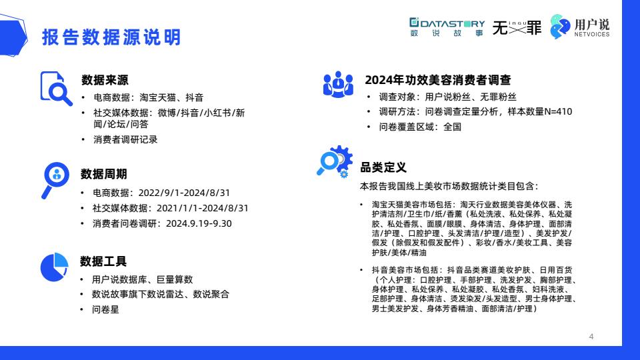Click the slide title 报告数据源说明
pyautogui.click(x=111, y=37)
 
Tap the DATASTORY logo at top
pyautogui.click(x=447, y=27)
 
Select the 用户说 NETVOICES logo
pyautogui.click(x=579, y=27)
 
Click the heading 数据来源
pyautogui.click(x=105, y=80)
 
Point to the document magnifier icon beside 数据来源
pyautogui.click(x=56, y=89)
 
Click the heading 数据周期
pyautogui.click(x=104, y=174)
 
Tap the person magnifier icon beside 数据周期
pyautogui.click(x=55, y=180)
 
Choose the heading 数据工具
pyautogui.click(x=103, y=261)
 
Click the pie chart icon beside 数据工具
pyautogui.click(x=54, y=267)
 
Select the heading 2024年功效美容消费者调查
pyautogui.click(x=438, y=80)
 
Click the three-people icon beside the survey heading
pyautogui.click(x=338, y=85)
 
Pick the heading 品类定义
pyautogui.click(x=383, y=167)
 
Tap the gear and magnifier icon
pyautogui.click(x=335, y=161)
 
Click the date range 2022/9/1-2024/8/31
pyautogui.click(x=184, y=193)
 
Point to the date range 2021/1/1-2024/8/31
pyautogui.click(x=203, y=208)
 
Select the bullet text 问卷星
pyautogui.click(x=105, y=309)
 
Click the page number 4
pyautogui.click(x=591, y=337)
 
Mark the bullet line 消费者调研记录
pyautogui.click(x=125, y=139)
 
